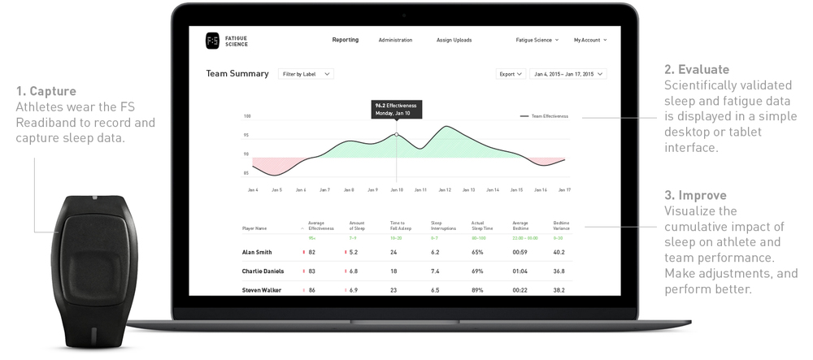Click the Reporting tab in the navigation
coord(346,40)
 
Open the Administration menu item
coord(395,40)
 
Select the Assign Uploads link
coord(454,40)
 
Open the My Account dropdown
coord(590,40)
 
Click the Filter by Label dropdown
coord(306,74)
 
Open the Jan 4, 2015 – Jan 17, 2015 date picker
coord(568,74)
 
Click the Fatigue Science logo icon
coord(212,40)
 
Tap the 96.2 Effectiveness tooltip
coord(396,109)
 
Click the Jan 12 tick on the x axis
coord(445,190)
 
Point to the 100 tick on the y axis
coord(246,116)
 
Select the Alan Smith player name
coord(257,252)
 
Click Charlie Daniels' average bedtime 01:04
coord(520,271)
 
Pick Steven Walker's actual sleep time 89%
coord(477,290)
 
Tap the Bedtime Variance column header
coord(561,225)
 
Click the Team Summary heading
coord(237,74)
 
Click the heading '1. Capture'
coord(46,91)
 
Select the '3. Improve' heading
coord(695,196)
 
